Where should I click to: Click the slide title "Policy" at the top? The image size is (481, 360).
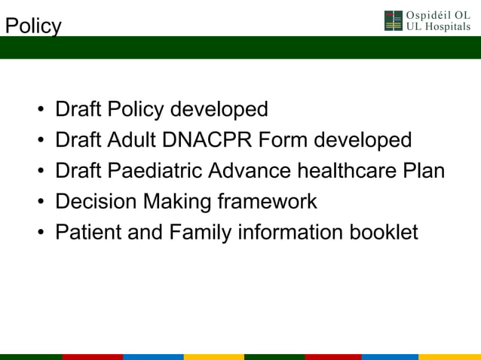point(32,26)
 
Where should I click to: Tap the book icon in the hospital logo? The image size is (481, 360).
point(394,21)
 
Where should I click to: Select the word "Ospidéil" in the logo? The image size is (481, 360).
point(427,15)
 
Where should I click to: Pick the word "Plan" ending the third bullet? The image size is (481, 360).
point(423,172)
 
